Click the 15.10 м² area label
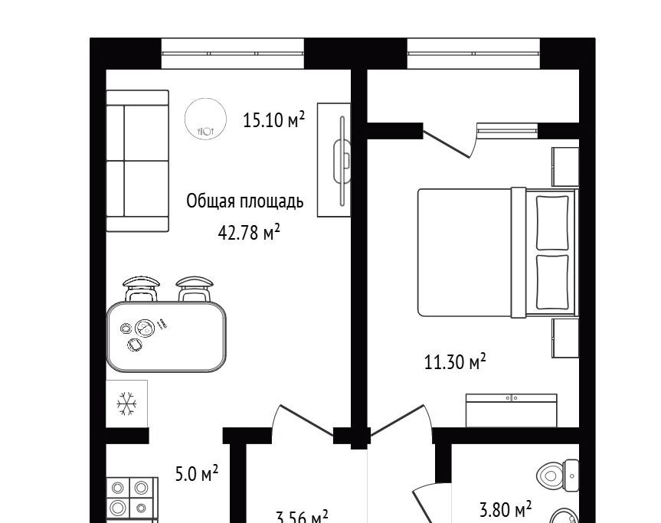[x=273, y=119]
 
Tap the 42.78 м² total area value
[x=249, y=232]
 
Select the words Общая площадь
[x=245, y=202]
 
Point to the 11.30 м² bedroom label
[x=455, y=361]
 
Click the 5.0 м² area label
[x=197, y=474]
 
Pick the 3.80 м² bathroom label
[x=506, y=509]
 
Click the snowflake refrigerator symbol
[x=126, y=404]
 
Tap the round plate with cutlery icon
[x=206, y=119]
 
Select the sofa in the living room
[x=137, y=161]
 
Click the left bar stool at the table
[x=141, y=288]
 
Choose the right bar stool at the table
[x=195, y=289]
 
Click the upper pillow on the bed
[x=552, y=223]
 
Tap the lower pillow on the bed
[x=552, y=282]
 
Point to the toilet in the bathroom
[x=558, y=476]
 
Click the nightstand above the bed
[x=565, y=166]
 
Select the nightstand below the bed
[x=565, y=338]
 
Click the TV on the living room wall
[x=342, y=161]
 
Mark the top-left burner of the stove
[x=118, y=488]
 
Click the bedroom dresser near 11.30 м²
[x=512, y=410]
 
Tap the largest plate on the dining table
[x=145, y=329]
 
